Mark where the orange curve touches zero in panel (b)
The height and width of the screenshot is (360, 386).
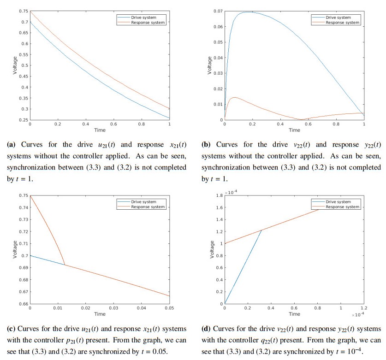[301, 119]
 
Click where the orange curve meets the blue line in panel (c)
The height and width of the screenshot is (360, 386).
[65, 265]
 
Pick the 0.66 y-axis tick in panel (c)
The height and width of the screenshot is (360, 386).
[23, 304]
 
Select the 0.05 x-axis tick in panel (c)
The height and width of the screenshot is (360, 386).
[169, 308]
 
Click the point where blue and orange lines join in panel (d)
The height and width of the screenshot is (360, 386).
[261, 230]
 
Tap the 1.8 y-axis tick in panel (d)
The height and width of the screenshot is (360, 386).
[219, 195]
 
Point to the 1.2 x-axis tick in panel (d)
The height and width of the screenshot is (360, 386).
[363, 308]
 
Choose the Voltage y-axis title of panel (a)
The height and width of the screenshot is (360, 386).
[14, 65]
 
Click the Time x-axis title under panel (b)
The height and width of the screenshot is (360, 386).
[294, 130]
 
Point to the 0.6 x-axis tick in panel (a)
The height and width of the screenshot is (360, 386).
[113, 124]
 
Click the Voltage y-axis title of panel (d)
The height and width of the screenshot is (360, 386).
[212, 249]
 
